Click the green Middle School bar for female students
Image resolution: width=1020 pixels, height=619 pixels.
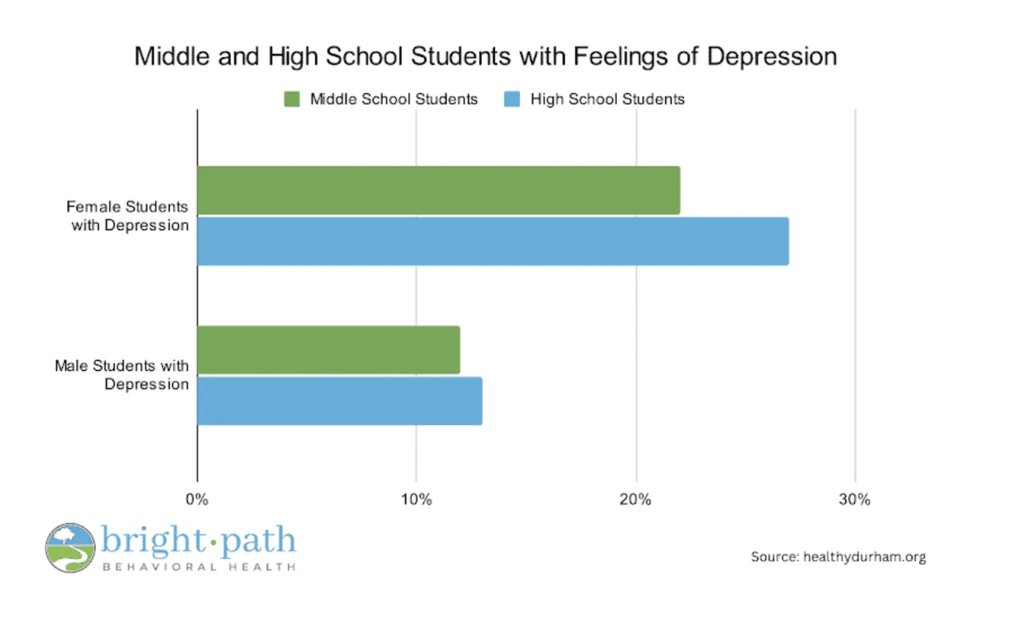click(438, 190)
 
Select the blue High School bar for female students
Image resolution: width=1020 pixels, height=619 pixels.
click(493, 242)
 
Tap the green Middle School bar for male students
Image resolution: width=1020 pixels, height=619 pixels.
click(328, 350)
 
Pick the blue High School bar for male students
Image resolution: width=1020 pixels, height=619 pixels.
click(339, 401)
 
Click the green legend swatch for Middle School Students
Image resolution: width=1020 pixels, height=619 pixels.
click(291, 100)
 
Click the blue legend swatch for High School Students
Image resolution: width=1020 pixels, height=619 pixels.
click(511, 100)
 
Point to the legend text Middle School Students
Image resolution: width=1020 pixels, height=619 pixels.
click(394, 100)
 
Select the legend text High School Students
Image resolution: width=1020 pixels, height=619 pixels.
click(607, 100)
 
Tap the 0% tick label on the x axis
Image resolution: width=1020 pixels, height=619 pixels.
click(197, 500)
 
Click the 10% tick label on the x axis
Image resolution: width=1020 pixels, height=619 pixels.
click(416, 500)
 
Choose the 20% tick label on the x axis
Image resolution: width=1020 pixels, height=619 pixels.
click(636, 500)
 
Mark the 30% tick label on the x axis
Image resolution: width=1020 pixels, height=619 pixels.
click(855, 500)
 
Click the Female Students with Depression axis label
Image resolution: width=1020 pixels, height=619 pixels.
click(128, 216)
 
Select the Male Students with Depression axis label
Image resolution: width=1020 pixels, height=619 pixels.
click(122, 375)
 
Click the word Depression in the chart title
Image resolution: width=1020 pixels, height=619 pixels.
click(771, 56)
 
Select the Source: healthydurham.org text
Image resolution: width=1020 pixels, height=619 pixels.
click(838, 557)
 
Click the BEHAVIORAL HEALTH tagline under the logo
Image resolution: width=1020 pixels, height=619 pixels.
click(199, 567)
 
